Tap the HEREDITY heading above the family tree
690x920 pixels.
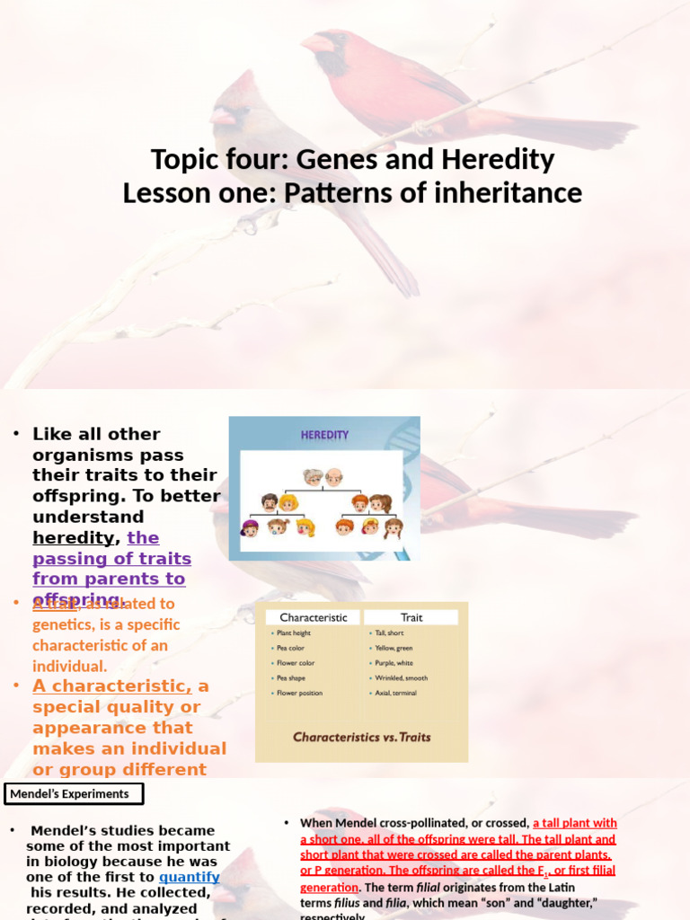324,436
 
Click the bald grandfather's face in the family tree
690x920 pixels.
333,477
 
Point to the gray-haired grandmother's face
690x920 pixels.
313,477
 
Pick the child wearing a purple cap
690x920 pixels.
250,528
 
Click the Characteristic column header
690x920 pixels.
314,617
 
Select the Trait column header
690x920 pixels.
411,617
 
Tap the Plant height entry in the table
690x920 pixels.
294,633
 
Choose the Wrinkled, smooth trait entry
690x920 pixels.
402,678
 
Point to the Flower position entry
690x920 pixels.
299,694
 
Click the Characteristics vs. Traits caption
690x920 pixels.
361,737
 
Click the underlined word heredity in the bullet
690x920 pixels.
74,538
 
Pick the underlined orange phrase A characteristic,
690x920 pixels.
111,686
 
